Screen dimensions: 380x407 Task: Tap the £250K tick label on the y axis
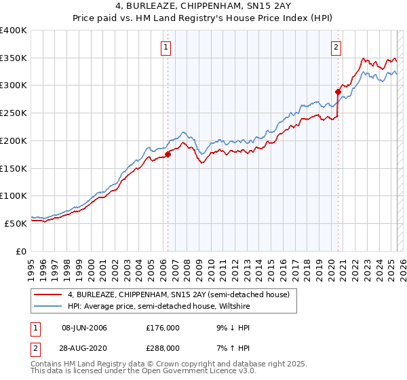click(x=13, y=113)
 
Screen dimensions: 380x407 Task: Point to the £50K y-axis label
click(x=15, y=223)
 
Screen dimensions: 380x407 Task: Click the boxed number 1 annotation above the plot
click(x=166, y=47)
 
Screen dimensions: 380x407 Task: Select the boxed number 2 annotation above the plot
click(x=336, y=47)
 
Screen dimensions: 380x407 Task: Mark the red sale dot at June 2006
click(x=168, y=154)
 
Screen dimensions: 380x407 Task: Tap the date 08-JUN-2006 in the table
click(x=84, y=328)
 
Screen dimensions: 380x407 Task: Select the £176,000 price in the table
click(x=163, y=328)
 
